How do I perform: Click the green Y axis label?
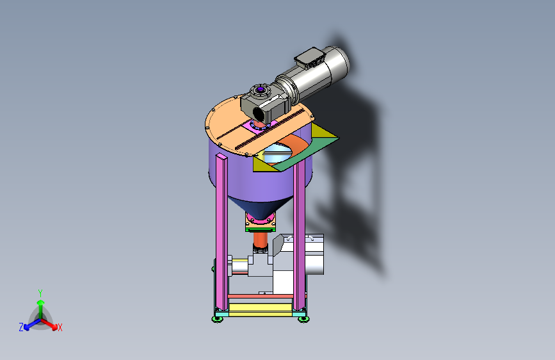(x=40, y=292)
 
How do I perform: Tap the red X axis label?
(x=60, y=327)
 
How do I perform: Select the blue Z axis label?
(x=21, y=327)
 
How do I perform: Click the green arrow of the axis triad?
(x=40, y=304)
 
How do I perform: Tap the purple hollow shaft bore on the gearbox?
(x=260, y=90)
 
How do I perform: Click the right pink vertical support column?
(x=300, y=237)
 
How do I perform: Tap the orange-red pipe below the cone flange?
(x=261, y=240)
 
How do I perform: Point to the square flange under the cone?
(x=260, y=224)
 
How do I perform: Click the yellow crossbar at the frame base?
(x=259, y=309)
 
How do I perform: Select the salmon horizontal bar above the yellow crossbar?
(x=259, y=297)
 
